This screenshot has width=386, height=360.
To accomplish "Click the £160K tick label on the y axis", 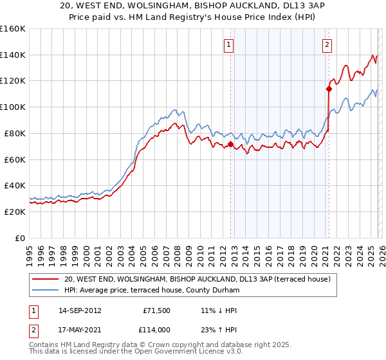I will click(13, 29).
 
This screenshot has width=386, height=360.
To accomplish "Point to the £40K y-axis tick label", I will click(15, 185).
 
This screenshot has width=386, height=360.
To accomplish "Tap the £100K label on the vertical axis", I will click(13, 107).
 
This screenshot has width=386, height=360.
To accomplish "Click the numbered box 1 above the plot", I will click(230, 45).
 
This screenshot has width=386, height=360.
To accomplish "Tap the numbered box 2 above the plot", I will click(327, 45).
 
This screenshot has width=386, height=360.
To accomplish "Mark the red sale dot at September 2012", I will click(230, 144).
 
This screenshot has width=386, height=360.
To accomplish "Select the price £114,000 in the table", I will click(156, 330).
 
